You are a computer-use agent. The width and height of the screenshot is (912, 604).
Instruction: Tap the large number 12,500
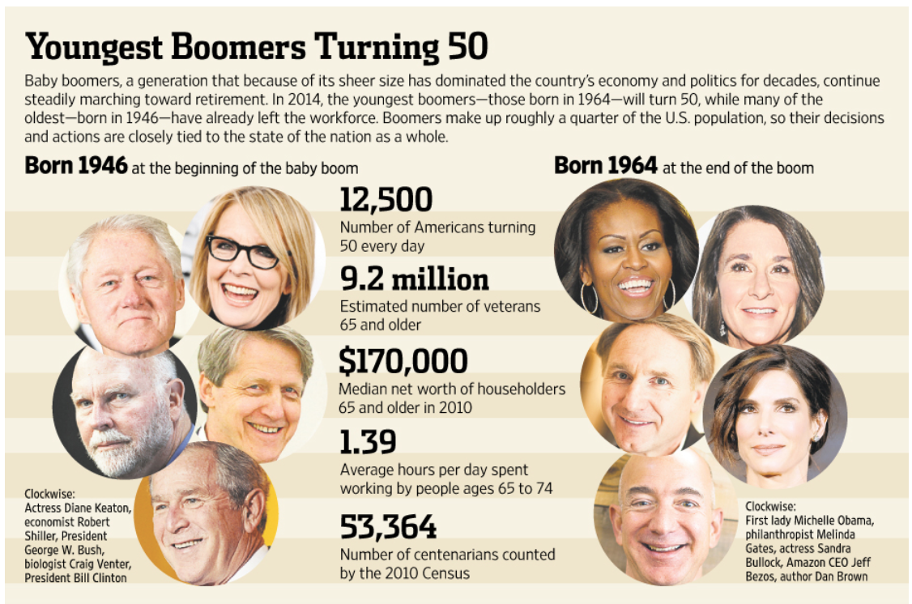pos(386,200)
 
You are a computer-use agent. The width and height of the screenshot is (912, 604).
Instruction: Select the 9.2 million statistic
pos(414,279)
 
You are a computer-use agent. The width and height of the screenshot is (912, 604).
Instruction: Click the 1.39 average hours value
pos(368,442)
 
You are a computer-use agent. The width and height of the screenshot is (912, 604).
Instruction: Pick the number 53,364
pos(388,527)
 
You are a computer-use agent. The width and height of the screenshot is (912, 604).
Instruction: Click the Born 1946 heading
pos(76,166)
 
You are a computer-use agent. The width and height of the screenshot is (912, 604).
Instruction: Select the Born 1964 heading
pos(605,166)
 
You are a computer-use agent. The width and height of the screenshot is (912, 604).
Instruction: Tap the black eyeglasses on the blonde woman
pos(242,252)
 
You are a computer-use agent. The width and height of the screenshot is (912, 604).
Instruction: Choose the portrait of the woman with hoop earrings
pos(626,251)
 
